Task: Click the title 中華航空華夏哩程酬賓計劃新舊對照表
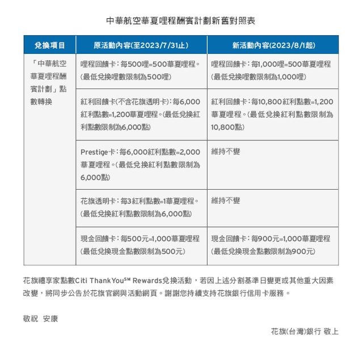(x=181, y=21)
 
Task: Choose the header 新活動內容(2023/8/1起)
(x=272, y=45)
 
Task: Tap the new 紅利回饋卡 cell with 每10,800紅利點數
(x=272, y=114)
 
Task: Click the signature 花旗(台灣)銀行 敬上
(x=305, y=331)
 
